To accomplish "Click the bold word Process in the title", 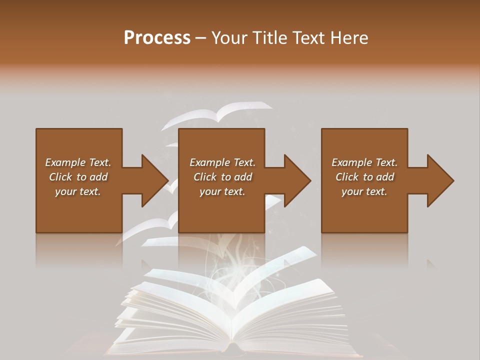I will pos(157,38).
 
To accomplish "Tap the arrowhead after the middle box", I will pos(296,180).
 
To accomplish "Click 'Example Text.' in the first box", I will pos(78,162).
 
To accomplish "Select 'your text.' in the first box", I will pos(78,191).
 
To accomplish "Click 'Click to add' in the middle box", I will pos(222,177).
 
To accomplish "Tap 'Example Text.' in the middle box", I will pos(222,162).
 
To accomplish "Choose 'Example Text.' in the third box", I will pos(364,162).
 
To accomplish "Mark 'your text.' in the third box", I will pos(364,191).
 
